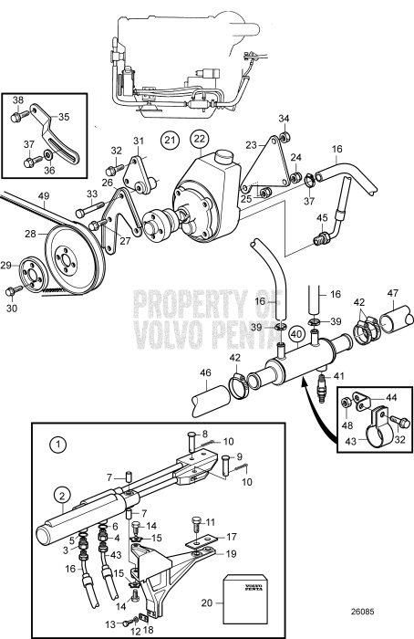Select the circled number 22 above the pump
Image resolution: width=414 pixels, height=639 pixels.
tap(200, 139)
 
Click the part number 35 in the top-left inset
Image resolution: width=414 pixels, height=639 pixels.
tap(65, 116)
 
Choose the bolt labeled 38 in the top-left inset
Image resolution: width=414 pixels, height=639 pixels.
tap(16, 117)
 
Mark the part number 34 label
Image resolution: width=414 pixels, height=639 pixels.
tap(284, 119)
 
